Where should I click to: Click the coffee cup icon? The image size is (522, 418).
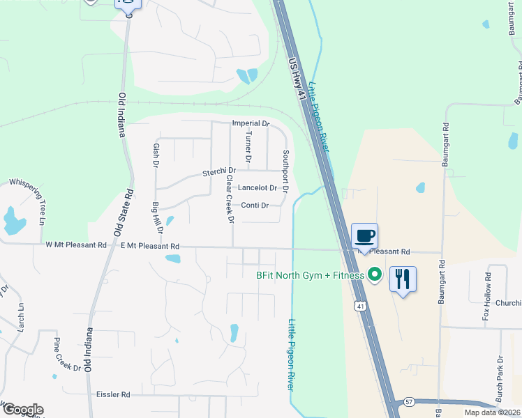click(365, 235)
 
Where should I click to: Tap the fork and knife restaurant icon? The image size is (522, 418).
click(403, 279)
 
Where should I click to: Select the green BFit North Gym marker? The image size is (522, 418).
click(374, 274)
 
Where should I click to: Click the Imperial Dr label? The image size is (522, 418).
click(251, 123)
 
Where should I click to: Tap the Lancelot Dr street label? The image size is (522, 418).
click(258, 188)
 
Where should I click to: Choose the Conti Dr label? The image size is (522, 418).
click(255, 205)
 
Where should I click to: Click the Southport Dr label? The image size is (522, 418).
click(285, 171)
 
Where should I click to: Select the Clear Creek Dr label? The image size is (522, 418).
click(230, 199)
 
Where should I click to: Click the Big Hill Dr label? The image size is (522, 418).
click(158, 217)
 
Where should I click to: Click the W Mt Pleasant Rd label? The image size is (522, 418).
click(76, 245)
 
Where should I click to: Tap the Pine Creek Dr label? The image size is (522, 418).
click(68, 354)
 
